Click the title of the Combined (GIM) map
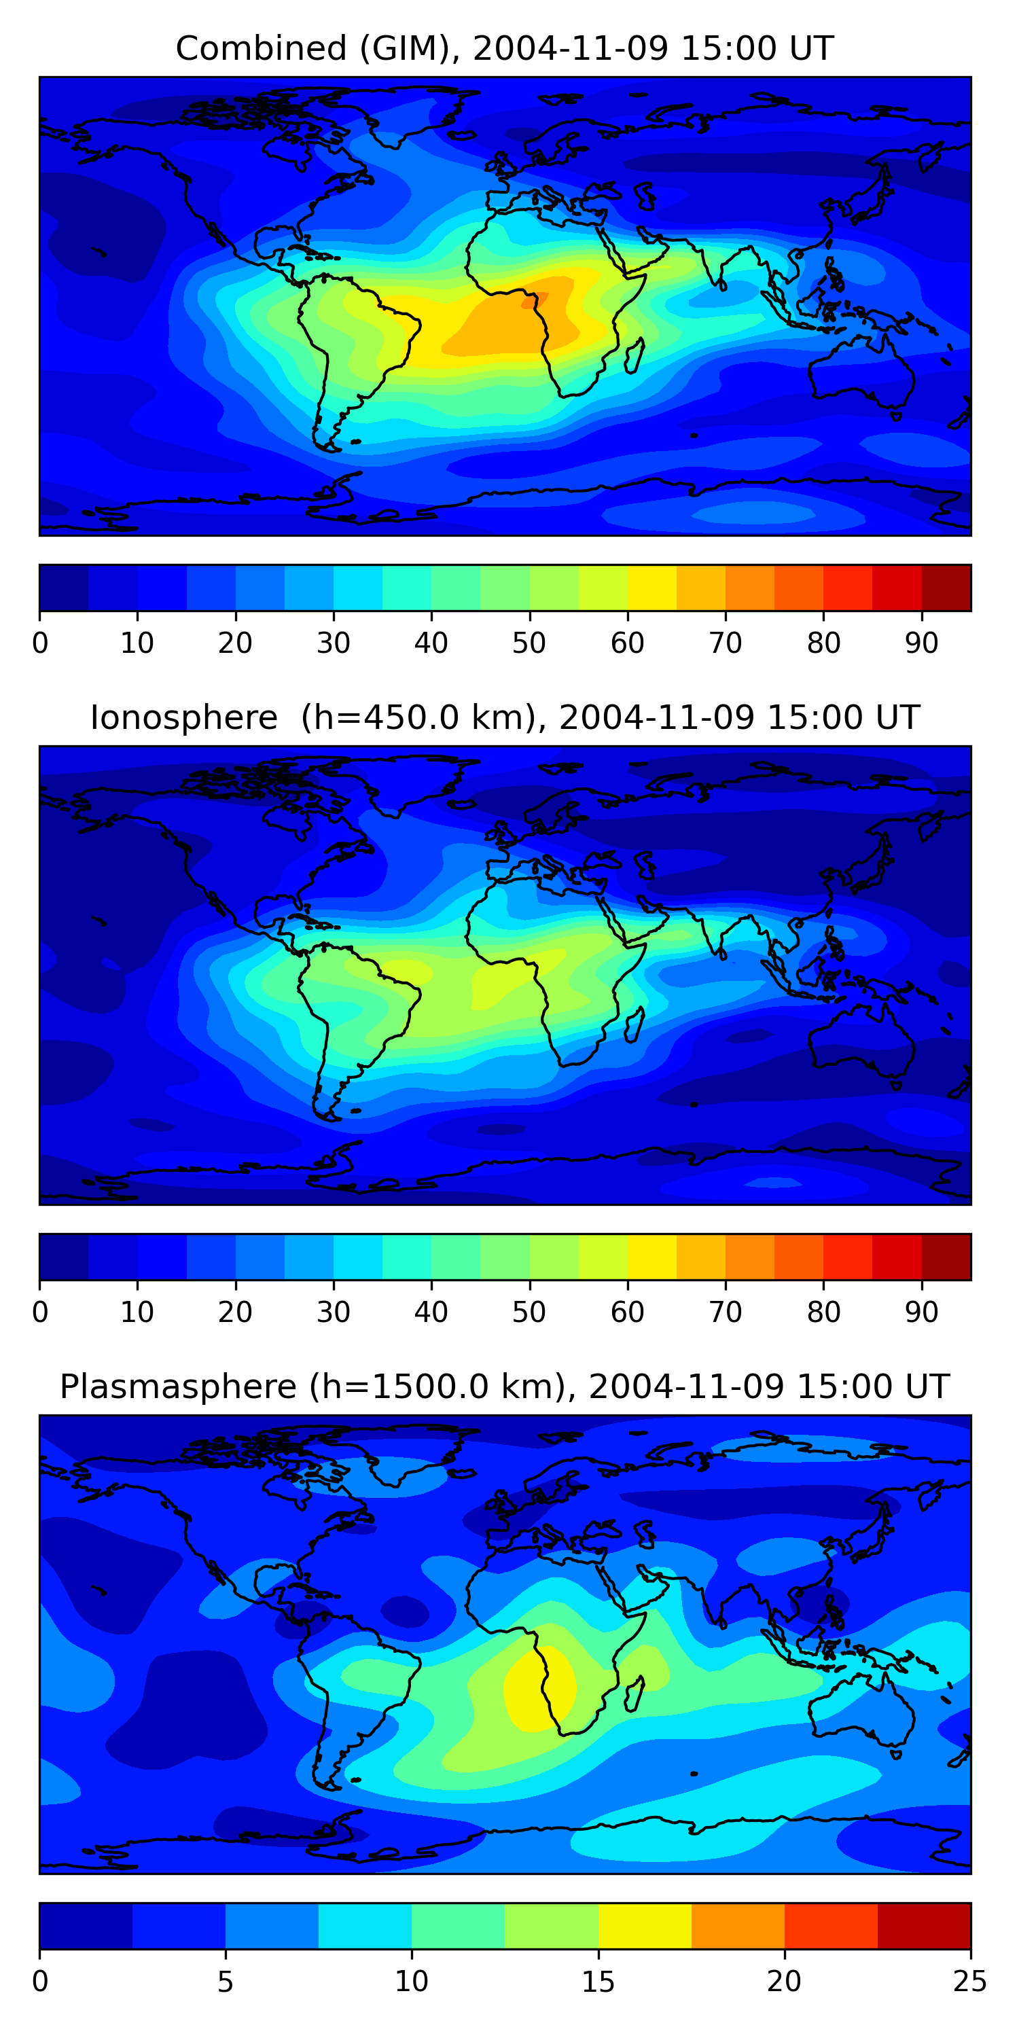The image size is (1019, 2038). click(504, 48)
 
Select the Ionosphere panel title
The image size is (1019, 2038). click(504, 717)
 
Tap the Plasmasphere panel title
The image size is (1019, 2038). click(504, 1387)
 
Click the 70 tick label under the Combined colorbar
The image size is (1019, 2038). click(726, 643)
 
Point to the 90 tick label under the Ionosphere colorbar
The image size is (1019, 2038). click(922, 1312)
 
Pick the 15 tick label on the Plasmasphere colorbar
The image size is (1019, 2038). click(598, 1982)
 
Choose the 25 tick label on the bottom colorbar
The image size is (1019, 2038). click(970, 1982)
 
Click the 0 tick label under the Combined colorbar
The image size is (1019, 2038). click(40, 643)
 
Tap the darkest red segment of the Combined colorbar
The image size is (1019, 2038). click(946, 588)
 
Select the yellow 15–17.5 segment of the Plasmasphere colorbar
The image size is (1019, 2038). click(645, 1927)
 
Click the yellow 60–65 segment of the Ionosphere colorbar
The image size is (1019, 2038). click(652, 1257)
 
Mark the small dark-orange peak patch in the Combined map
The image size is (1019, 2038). click(533, 301)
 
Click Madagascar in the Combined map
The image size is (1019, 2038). click(634, 355)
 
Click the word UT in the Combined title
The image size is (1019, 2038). click(811, 48)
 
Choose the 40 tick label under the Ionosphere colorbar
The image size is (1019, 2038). click(431, 1312)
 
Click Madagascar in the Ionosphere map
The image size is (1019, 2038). click(634, 1024)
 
